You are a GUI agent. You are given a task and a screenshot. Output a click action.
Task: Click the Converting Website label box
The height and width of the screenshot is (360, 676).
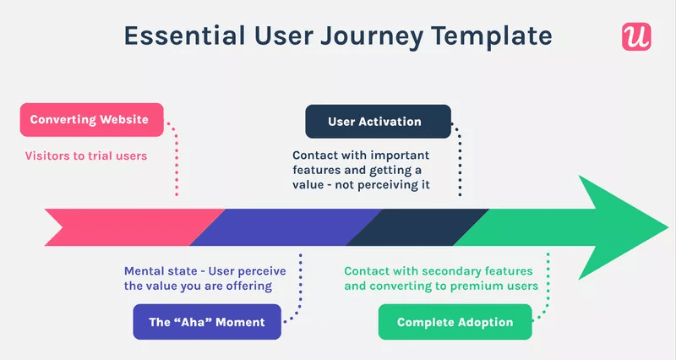90,120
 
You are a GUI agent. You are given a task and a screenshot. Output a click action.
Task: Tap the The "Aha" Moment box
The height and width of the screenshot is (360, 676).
206,322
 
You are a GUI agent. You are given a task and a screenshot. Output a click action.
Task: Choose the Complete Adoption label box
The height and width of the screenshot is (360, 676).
455,322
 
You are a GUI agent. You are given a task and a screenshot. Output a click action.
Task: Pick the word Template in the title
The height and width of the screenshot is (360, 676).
495,35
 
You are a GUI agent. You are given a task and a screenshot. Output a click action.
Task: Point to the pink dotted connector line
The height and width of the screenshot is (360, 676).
177,161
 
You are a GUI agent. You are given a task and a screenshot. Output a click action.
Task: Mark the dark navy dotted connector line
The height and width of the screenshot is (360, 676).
461,161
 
